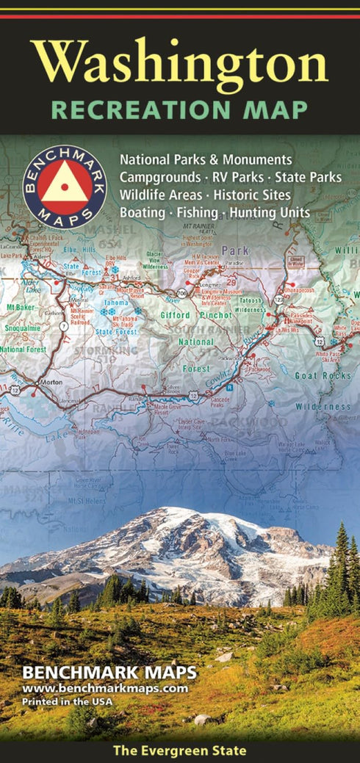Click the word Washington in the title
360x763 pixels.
(180, 63)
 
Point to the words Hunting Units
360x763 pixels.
(270, 213)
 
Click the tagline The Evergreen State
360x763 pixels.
(180, 751)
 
